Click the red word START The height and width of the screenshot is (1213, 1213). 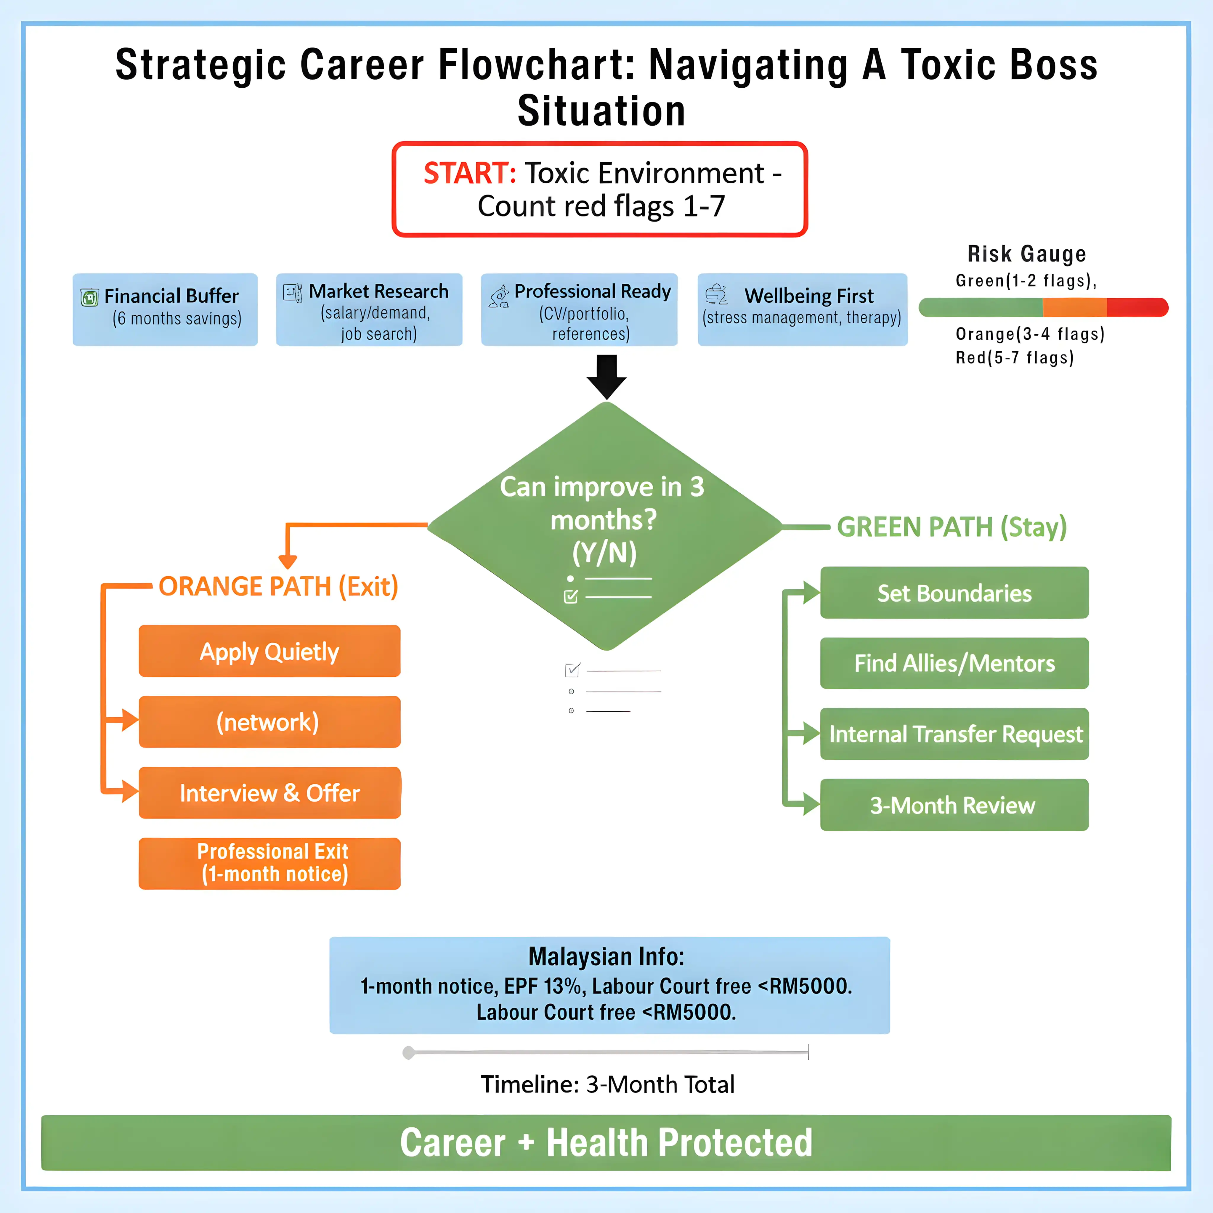(469, 173)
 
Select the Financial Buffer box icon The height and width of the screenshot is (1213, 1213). (90, 297)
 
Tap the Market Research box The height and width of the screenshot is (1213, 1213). (369, 309)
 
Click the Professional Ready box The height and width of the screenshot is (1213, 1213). (579, 309)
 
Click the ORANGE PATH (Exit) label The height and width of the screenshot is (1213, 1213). (278, 586)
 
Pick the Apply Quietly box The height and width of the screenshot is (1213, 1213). (269, 651)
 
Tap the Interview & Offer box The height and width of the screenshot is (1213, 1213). (269, 793)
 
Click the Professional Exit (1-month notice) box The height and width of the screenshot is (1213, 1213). (269, 863)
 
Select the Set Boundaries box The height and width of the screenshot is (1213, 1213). (954, 593)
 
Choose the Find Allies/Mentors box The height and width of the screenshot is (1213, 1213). (954, 663)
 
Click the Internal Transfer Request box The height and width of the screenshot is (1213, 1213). (954, 734)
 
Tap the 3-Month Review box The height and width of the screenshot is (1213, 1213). (954, 805)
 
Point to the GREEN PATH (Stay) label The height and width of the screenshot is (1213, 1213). (951, 527)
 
